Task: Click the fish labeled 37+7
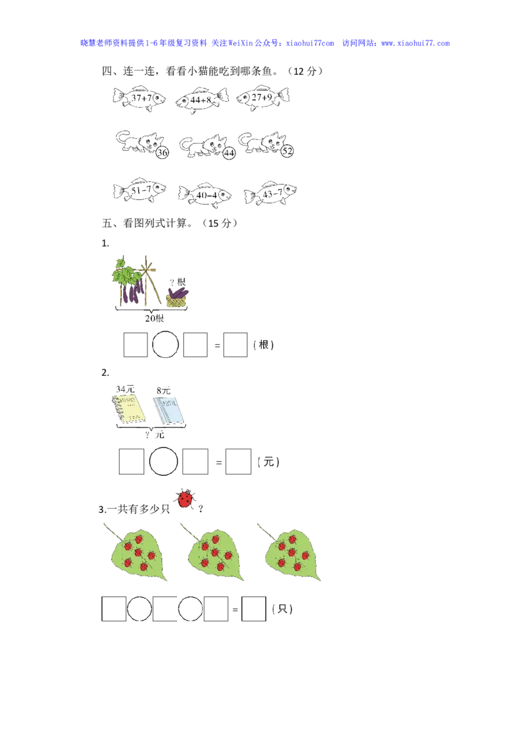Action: coord(139,99)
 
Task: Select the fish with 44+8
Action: coord(202,101)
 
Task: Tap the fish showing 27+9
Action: coord(263,97)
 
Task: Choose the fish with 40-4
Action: coord(205,195)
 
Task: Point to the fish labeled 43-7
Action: coord(270,193)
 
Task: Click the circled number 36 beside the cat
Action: coord(162,152)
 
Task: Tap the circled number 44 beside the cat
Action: coord(229,153)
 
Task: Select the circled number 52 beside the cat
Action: coord(287,151)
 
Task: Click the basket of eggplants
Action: coord(177,297)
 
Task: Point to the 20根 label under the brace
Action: coord(154,318)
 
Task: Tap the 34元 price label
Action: coord(125,389)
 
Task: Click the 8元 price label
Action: coord(163,391)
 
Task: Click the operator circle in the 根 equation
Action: coord(165,345)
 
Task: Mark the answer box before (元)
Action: coord(238,461)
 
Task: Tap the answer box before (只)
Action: coord(254,609)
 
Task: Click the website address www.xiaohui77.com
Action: coord(415,43)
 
